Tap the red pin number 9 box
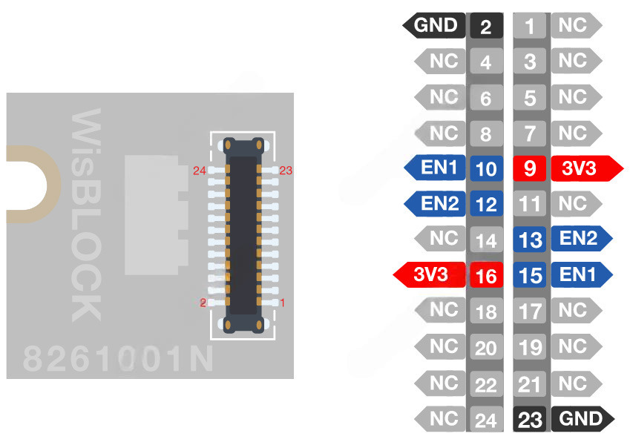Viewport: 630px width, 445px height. click(530, 168)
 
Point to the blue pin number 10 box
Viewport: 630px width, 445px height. click(486, 168)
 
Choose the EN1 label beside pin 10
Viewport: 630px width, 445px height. click(438, 168)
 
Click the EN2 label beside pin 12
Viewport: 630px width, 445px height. click(438, 203)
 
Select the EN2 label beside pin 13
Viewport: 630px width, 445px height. click(580, 239)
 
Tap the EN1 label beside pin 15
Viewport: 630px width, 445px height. click(580, 275)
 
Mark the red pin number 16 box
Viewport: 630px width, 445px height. click(486, 276)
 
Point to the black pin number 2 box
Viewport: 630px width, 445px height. click(486, 27)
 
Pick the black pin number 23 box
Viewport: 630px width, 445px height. click(530, 420)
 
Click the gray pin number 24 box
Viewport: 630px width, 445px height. click(486, 421)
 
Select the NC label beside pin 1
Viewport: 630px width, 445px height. click(574, 25)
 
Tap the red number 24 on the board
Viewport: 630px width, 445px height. click(199, 171)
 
